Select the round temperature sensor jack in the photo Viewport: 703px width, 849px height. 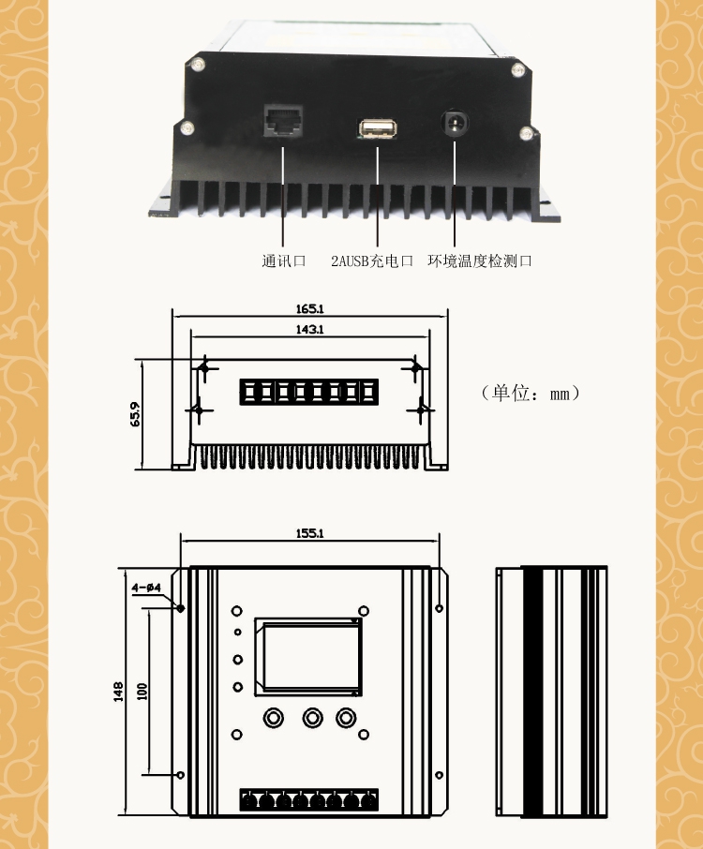click(456, 124)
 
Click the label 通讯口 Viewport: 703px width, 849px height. click(284, 261)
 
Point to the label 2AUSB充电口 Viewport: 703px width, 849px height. click(372, 261)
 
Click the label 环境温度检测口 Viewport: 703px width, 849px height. click(480, 261)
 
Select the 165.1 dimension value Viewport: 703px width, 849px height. click(309, 308)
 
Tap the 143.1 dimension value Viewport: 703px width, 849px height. click(309, 329)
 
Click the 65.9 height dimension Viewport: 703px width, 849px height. click(134, 413)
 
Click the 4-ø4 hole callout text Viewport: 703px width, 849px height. click(147, 588)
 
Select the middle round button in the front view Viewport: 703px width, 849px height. click(311, 718)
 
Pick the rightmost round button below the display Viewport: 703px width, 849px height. click(347, 718)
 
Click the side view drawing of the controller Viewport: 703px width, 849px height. click(550, 691)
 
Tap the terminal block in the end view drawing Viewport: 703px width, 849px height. click(309, 391)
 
